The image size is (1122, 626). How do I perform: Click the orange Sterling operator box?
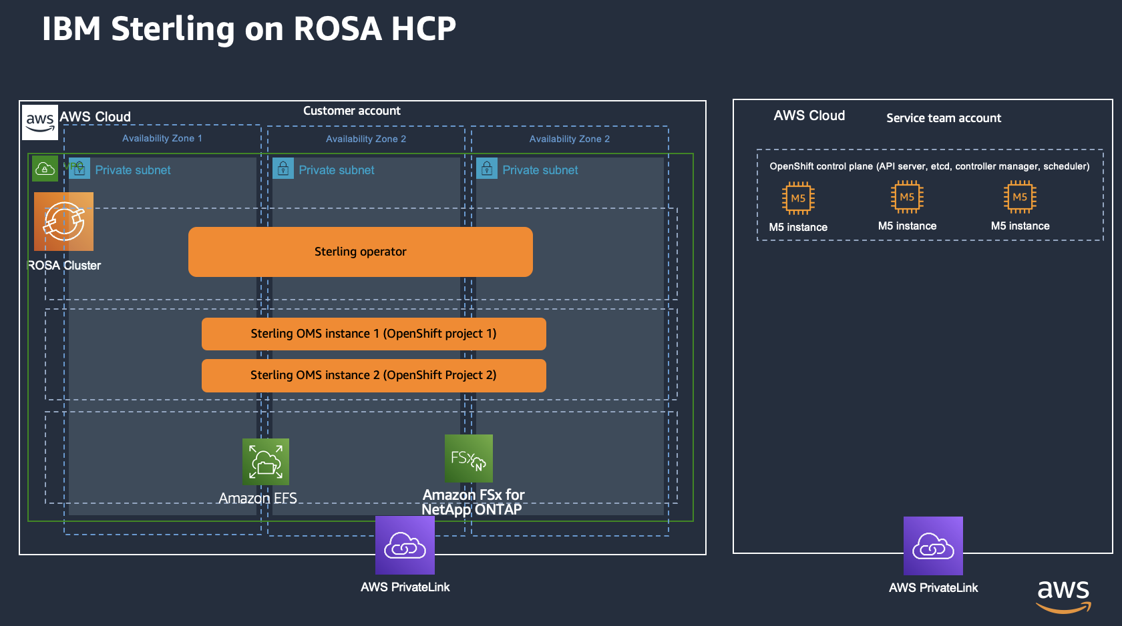coord(361,252)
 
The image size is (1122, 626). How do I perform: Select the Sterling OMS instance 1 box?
coord(373,334)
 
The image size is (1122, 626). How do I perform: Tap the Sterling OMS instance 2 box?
coord(373,375)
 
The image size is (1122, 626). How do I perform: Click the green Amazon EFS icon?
coord(266,462)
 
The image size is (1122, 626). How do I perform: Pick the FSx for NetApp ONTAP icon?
coord(469,458)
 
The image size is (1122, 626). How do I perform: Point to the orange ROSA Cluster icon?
coord(64,222)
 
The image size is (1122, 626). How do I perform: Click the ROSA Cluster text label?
coord(64,266)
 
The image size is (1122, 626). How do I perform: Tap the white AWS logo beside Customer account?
coord(40,122)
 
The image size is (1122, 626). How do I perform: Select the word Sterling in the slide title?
coord(173,29)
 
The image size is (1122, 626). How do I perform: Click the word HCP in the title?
coord(423,29)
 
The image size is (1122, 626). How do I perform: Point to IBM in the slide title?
coord(71,29)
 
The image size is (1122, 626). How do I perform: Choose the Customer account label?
coord(352,111)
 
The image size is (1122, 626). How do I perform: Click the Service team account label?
coord(944,118)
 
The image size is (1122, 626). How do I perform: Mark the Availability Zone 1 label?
coord(162,138)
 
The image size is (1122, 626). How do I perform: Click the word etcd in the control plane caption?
coord(940,166)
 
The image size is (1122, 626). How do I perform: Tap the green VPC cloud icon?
coord(45,169)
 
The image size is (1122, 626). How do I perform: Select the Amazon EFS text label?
coord(258,499)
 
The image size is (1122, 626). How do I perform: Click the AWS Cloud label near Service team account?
coord(809,115)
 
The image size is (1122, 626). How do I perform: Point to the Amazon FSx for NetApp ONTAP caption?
coord(473,503)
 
